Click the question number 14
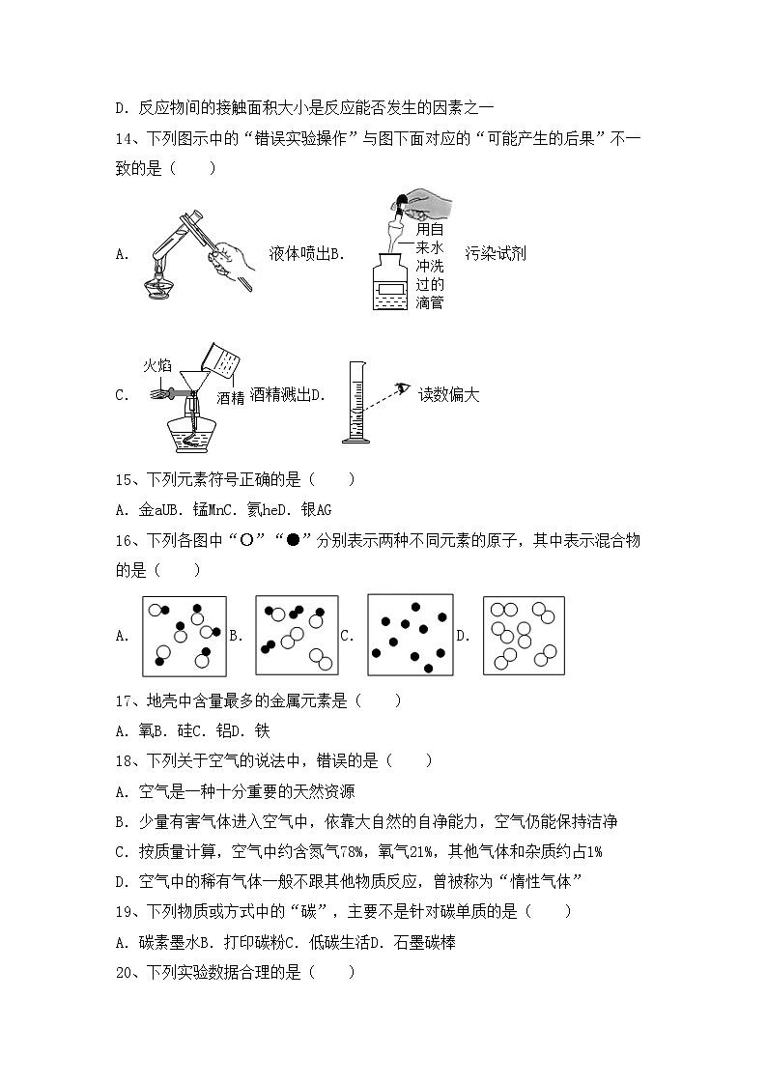click(x=126, y=138)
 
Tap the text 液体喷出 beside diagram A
click(x=299, y=255)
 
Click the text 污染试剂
click(x=496, y=255)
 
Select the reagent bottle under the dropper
click(x=403, y=280)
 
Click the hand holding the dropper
click(x=429, y=205)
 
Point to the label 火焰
click(x=157, y=365)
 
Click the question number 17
click(x=126, y=700)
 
